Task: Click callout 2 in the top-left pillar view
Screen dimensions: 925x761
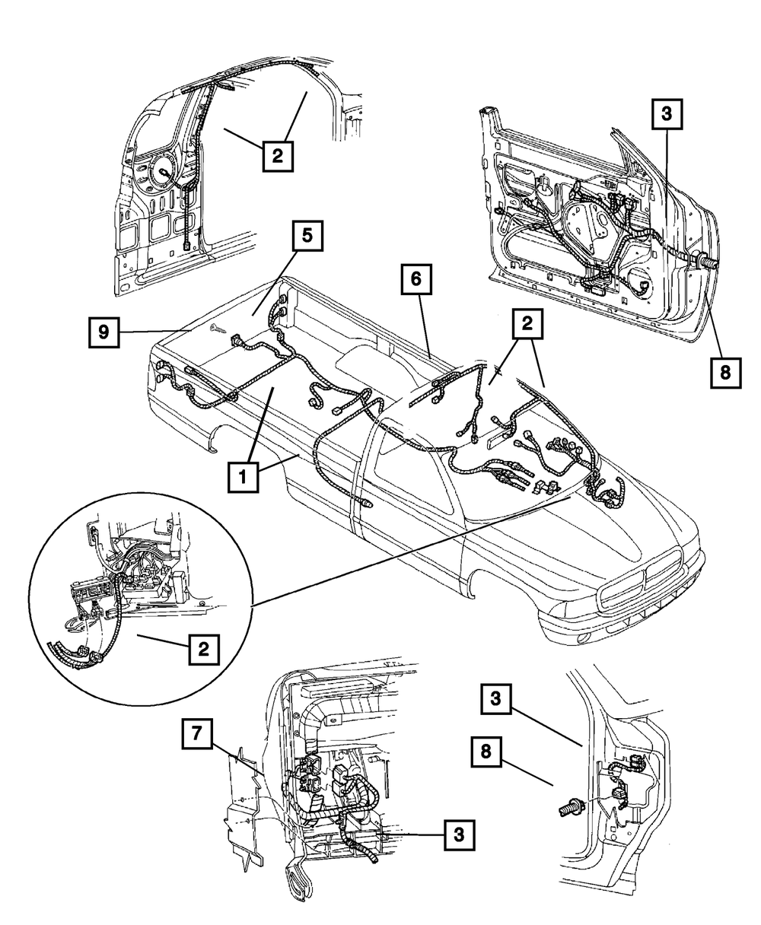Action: coord(277,156)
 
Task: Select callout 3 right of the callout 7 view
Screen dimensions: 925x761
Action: coord(458,834)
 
